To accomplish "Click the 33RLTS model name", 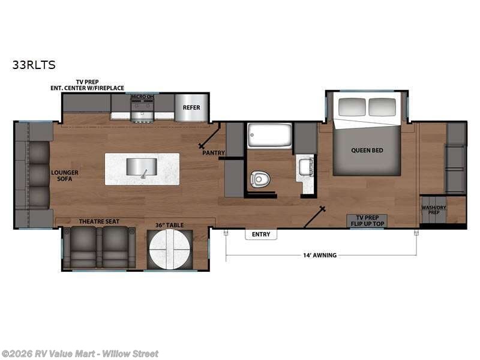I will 34,65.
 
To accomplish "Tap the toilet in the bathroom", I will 259,178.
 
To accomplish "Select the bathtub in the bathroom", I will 270,136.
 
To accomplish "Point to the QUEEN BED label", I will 367,150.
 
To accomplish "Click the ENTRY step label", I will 261,234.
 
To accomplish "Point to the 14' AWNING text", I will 321,255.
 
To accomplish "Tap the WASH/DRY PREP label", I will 433,210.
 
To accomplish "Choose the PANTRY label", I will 214,153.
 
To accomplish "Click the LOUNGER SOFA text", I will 65,176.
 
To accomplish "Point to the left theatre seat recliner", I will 83,246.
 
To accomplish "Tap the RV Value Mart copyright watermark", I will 80,353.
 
